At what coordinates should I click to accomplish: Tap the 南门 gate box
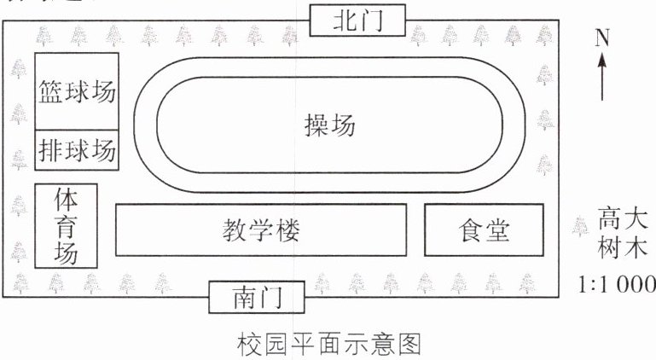(257, 298)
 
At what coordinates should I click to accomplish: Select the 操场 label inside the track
(328, 125)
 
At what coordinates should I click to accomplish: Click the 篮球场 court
(77, 90)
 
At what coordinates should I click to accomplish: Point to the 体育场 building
(66, 227)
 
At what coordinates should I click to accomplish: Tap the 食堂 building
(484, 229)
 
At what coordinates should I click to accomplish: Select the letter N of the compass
(602, 38)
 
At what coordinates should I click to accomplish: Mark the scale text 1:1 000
(617, 285)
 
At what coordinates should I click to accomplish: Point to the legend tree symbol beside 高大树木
(580, 226)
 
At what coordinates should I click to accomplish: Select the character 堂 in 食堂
(498, 229)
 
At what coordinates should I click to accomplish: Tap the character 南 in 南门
(243, 298)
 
